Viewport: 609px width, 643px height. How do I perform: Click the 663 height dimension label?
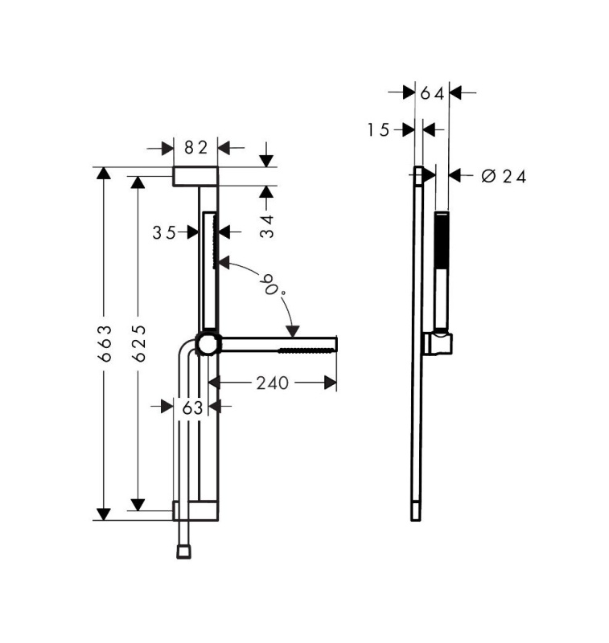point(103,343)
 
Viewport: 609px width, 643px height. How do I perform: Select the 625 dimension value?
point(138,343)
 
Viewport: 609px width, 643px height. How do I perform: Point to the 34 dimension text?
point(267,225)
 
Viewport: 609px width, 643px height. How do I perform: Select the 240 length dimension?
point(272,383)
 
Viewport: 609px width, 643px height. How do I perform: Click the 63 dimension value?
point(191,408)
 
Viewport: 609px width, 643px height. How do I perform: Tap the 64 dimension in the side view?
point(431,93)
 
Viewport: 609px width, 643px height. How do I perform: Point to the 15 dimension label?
point(379,129)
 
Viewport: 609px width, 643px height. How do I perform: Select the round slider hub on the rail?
point(208,344)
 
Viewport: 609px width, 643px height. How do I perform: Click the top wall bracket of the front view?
point(195,177)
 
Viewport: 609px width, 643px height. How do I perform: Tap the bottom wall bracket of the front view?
point(194,510)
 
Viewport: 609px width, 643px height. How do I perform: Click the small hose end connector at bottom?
point(183,551)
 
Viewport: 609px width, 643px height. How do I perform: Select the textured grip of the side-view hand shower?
point(442,241)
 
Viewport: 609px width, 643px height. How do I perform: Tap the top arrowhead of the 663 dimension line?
point(103,174)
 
